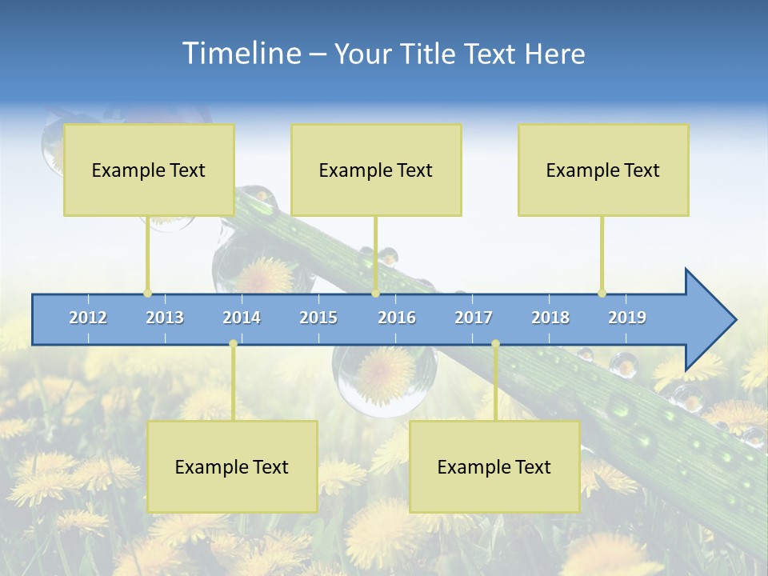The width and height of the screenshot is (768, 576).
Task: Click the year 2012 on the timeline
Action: coord(88,318)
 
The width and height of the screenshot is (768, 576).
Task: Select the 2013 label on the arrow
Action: coord(165,318)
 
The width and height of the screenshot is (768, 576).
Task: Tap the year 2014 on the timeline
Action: coord(242,318)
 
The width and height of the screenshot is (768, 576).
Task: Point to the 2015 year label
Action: coord(318,318)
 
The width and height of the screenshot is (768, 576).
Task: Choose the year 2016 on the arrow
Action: coord(397,318)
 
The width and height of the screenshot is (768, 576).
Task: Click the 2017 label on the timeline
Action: coord(474,318)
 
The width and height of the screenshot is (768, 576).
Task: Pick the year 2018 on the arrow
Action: coord(550,318)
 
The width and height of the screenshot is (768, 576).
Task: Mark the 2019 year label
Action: coord(627,318)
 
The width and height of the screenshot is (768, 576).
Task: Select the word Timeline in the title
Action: coord(241,53)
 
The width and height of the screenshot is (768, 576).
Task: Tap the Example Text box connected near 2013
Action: coord(149,170)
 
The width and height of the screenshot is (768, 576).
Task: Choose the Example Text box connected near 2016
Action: coord(376,170)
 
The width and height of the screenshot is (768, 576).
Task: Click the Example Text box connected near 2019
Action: coord(603,170)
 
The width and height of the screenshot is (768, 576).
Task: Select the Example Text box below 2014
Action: coord(232,466)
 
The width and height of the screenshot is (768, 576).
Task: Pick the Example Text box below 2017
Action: coord(494,466)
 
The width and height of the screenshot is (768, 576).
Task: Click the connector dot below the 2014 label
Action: coord(233,344)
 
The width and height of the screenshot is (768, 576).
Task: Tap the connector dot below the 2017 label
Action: coord(495,344)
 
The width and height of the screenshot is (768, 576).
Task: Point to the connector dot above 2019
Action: coord(602,293)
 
